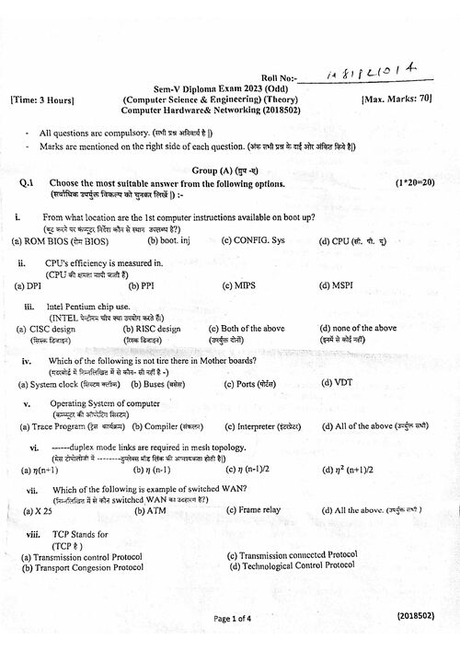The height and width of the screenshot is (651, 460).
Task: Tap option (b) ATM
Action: [151, 509]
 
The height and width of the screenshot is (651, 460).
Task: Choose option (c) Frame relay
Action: [253, 509]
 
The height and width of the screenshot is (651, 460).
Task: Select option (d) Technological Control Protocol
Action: [292, 565]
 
